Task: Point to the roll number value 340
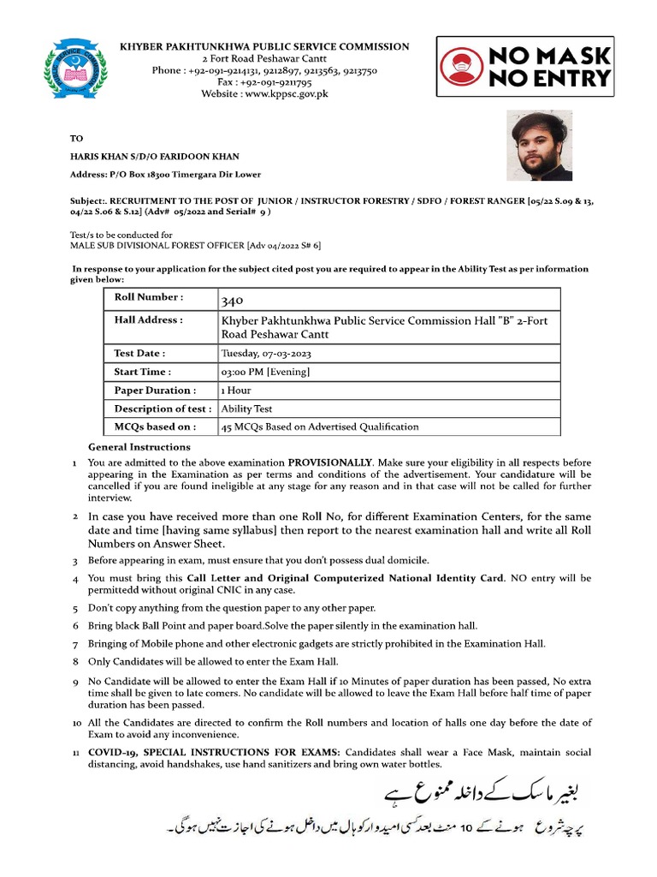pos(232,301)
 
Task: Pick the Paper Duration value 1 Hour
pos(236,391)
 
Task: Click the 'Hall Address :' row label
pos(148,319)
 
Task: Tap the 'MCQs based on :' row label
pos(155,426)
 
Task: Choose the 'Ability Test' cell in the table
pos(247,409)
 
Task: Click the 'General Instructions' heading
pos(139,447)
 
